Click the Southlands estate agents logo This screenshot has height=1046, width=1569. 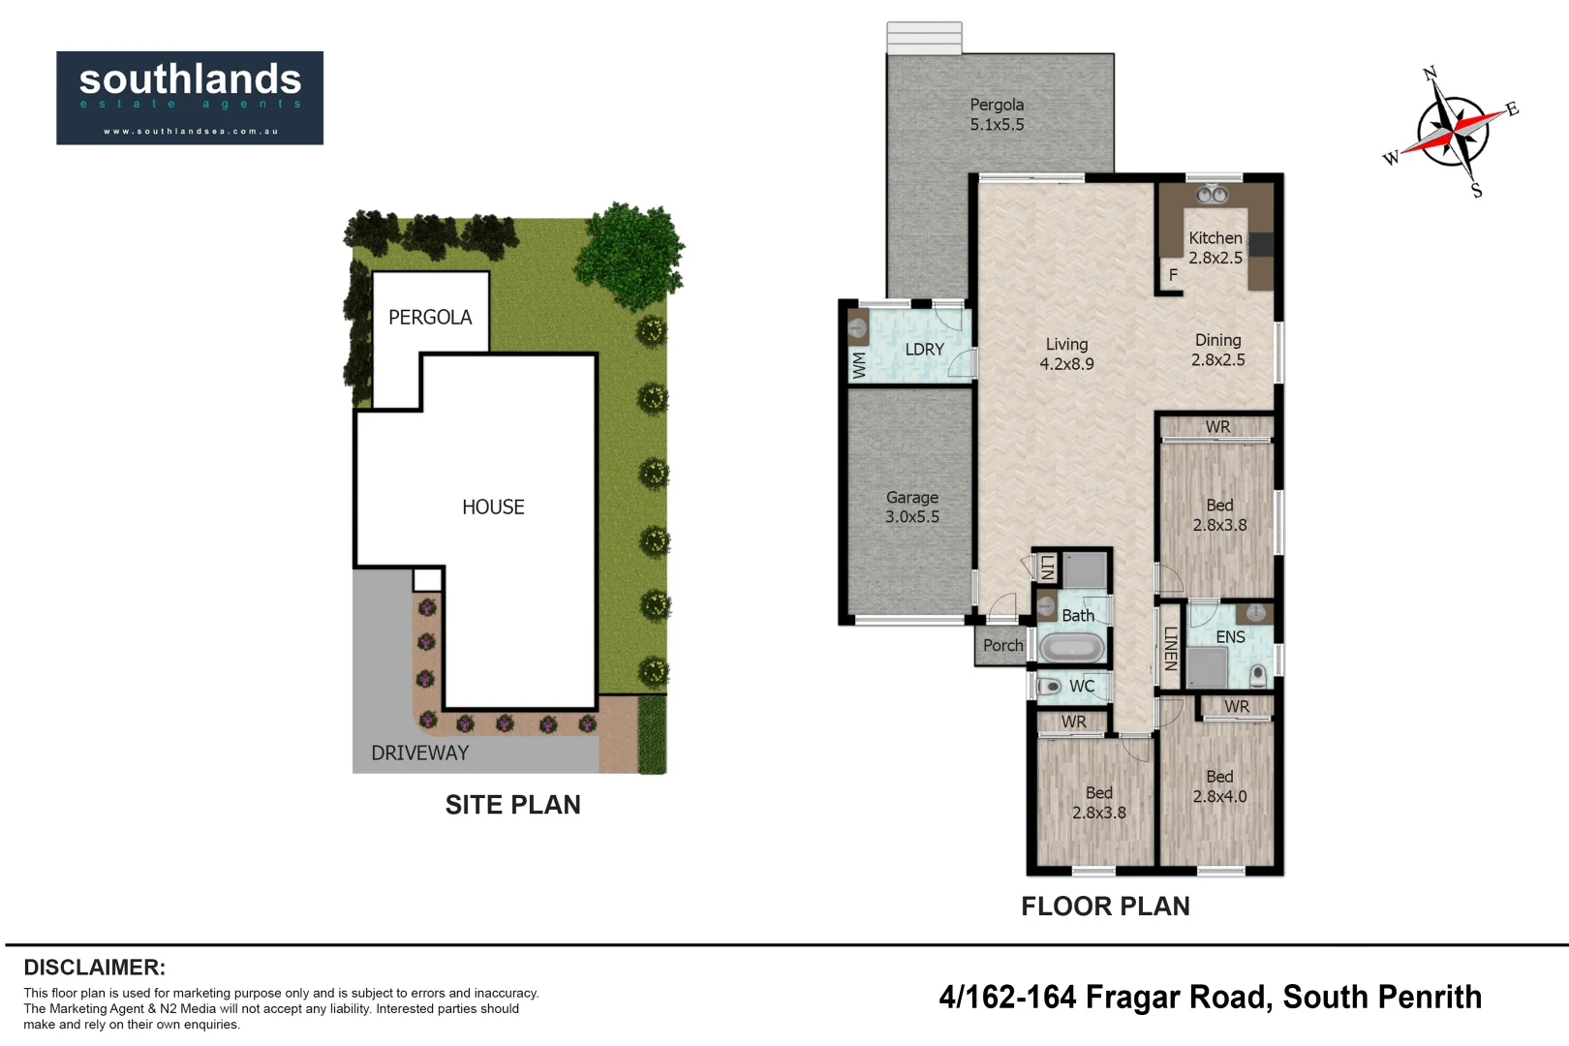click(190, 98)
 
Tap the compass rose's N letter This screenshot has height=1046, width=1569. click(1431, 74)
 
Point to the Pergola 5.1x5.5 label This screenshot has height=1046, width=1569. click(997, 114)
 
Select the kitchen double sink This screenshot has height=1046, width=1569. click(1212, 194)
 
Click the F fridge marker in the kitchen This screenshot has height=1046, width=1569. click(1173, 275)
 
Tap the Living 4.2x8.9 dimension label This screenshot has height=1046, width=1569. click(1066, 354)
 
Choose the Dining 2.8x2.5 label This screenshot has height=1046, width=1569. click(1218, 350)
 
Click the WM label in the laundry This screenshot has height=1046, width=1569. click(859, 365)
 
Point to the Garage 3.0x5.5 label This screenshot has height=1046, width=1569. click(912, 507)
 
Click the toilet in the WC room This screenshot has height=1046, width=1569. click(1049, 688)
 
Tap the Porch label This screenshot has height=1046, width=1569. click(1003, 645)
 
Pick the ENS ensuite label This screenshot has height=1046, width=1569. click(1231, 637)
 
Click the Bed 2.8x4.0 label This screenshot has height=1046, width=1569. click(1219, 786)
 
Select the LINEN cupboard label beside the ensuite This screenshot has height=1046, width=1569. click(1170, 648)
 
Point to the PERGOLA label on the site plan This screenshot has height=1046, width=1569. click(430, 318)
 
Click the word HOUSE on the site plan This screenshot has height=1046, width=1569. click(493, 507)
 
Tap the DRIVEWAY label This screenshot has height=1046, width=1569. click(419, 754)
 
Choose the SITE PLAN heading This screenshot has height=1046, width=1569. click(512, 805)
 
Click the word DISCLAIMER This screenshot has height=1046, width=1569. click(95, 968)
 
